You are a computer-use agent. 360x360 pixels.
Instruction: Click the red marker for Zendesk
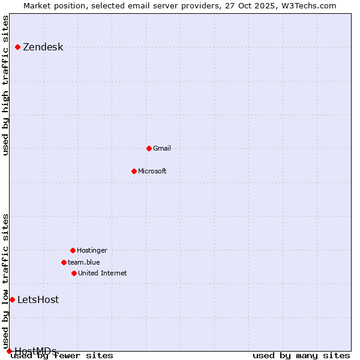pos(18,47)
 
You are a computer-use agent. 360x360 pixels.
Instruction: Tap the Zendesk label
pos(43,47)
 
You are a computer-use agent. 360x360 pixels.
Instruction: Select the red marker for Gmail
pos(149,148)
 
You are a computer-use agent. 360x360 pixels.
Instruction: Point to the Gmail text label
pos(162,148)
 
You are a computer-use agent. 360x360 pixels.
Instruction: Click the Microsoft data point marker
pos(134,171)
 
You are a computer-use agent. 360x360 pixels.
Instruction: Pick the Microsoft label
pos(152,171)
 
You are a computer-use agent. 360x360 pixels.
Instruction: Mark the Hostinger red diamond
pos(73,250)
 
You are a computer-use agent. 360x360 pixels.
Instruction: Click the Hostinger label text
pos(92,250)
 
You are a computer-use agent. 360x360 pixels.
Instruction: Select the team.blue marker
pos(64,262)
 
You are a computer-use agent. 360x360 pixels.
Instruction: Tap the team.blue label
pos(84,262)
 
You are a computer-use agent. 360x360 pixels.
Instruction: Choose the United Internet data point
pos(74,273)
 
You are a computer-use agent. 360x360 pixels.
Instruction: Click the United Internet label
pos(102,273)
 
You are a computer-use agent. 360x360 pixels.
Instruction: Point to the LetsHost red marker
pos(12,299)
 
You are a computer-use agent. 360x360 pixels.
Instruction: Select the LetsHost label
pos(38,300)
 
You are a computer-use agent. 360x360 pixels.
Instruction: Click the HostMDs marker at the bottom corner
pos(9,351)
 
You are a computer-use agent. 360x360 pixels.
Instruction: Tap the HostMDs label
pos(36,351)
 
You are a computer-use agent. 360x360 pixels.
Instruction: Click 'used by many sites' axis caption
pos(301,356)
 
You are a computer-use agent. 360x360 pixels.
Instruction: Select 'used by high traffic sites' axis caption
pos(6,85)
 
